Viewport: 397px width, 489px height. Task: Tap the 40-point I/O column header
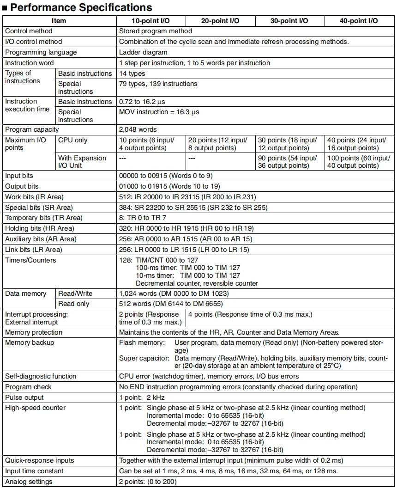pyautogui.click(x=359, y=21)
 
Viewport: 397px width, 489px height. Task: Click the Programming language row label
pyautogui.click(x=41, y=52)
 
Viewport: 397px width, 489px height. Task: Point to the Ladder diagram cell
pyautogui.click(x=143, y=52)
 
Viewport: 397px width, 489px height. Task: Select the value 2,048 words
pyautogui.click(x=138, y=129)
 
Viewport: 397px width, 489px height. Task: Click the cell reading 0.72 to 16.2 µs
pyautogui.click(x=145, y=102)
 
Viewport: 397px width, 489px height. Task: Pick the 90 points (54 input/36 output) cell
pyautogui.click(x=289, y=162)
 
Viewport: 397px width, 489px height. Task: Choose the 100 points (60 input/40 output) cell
pyautogui.click(x=359, y=162)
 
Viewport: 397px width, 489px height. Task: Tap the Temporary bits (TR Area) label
pyautogui.click(x=44, y=218)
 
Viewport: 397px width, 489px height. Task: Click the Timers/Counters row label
pyautogui.click(x=30, y=260)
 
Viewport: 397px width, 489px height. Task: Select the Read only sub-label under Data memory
pyautogui.click(x=74, y=304)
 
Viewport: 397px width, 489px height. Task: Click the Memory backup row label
pyautogui.click(x=30, y=342)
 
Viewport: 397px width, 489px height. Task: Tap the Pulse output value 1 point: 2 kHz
pyautogui.click(x=142, y=397)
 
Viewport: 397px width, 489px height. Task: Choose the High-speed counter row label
pyautogui.click(x=36, y=408)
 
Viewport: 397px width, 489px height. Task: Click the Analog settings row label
pyautogui.click(x=29, y=482)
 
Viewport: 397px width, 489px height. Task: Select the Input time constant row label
pyautogui.click(x=35, y=471)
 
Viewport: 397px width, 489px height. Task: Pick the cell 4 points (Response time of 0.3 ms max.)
pyautogui.click(x=251, y=315)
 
